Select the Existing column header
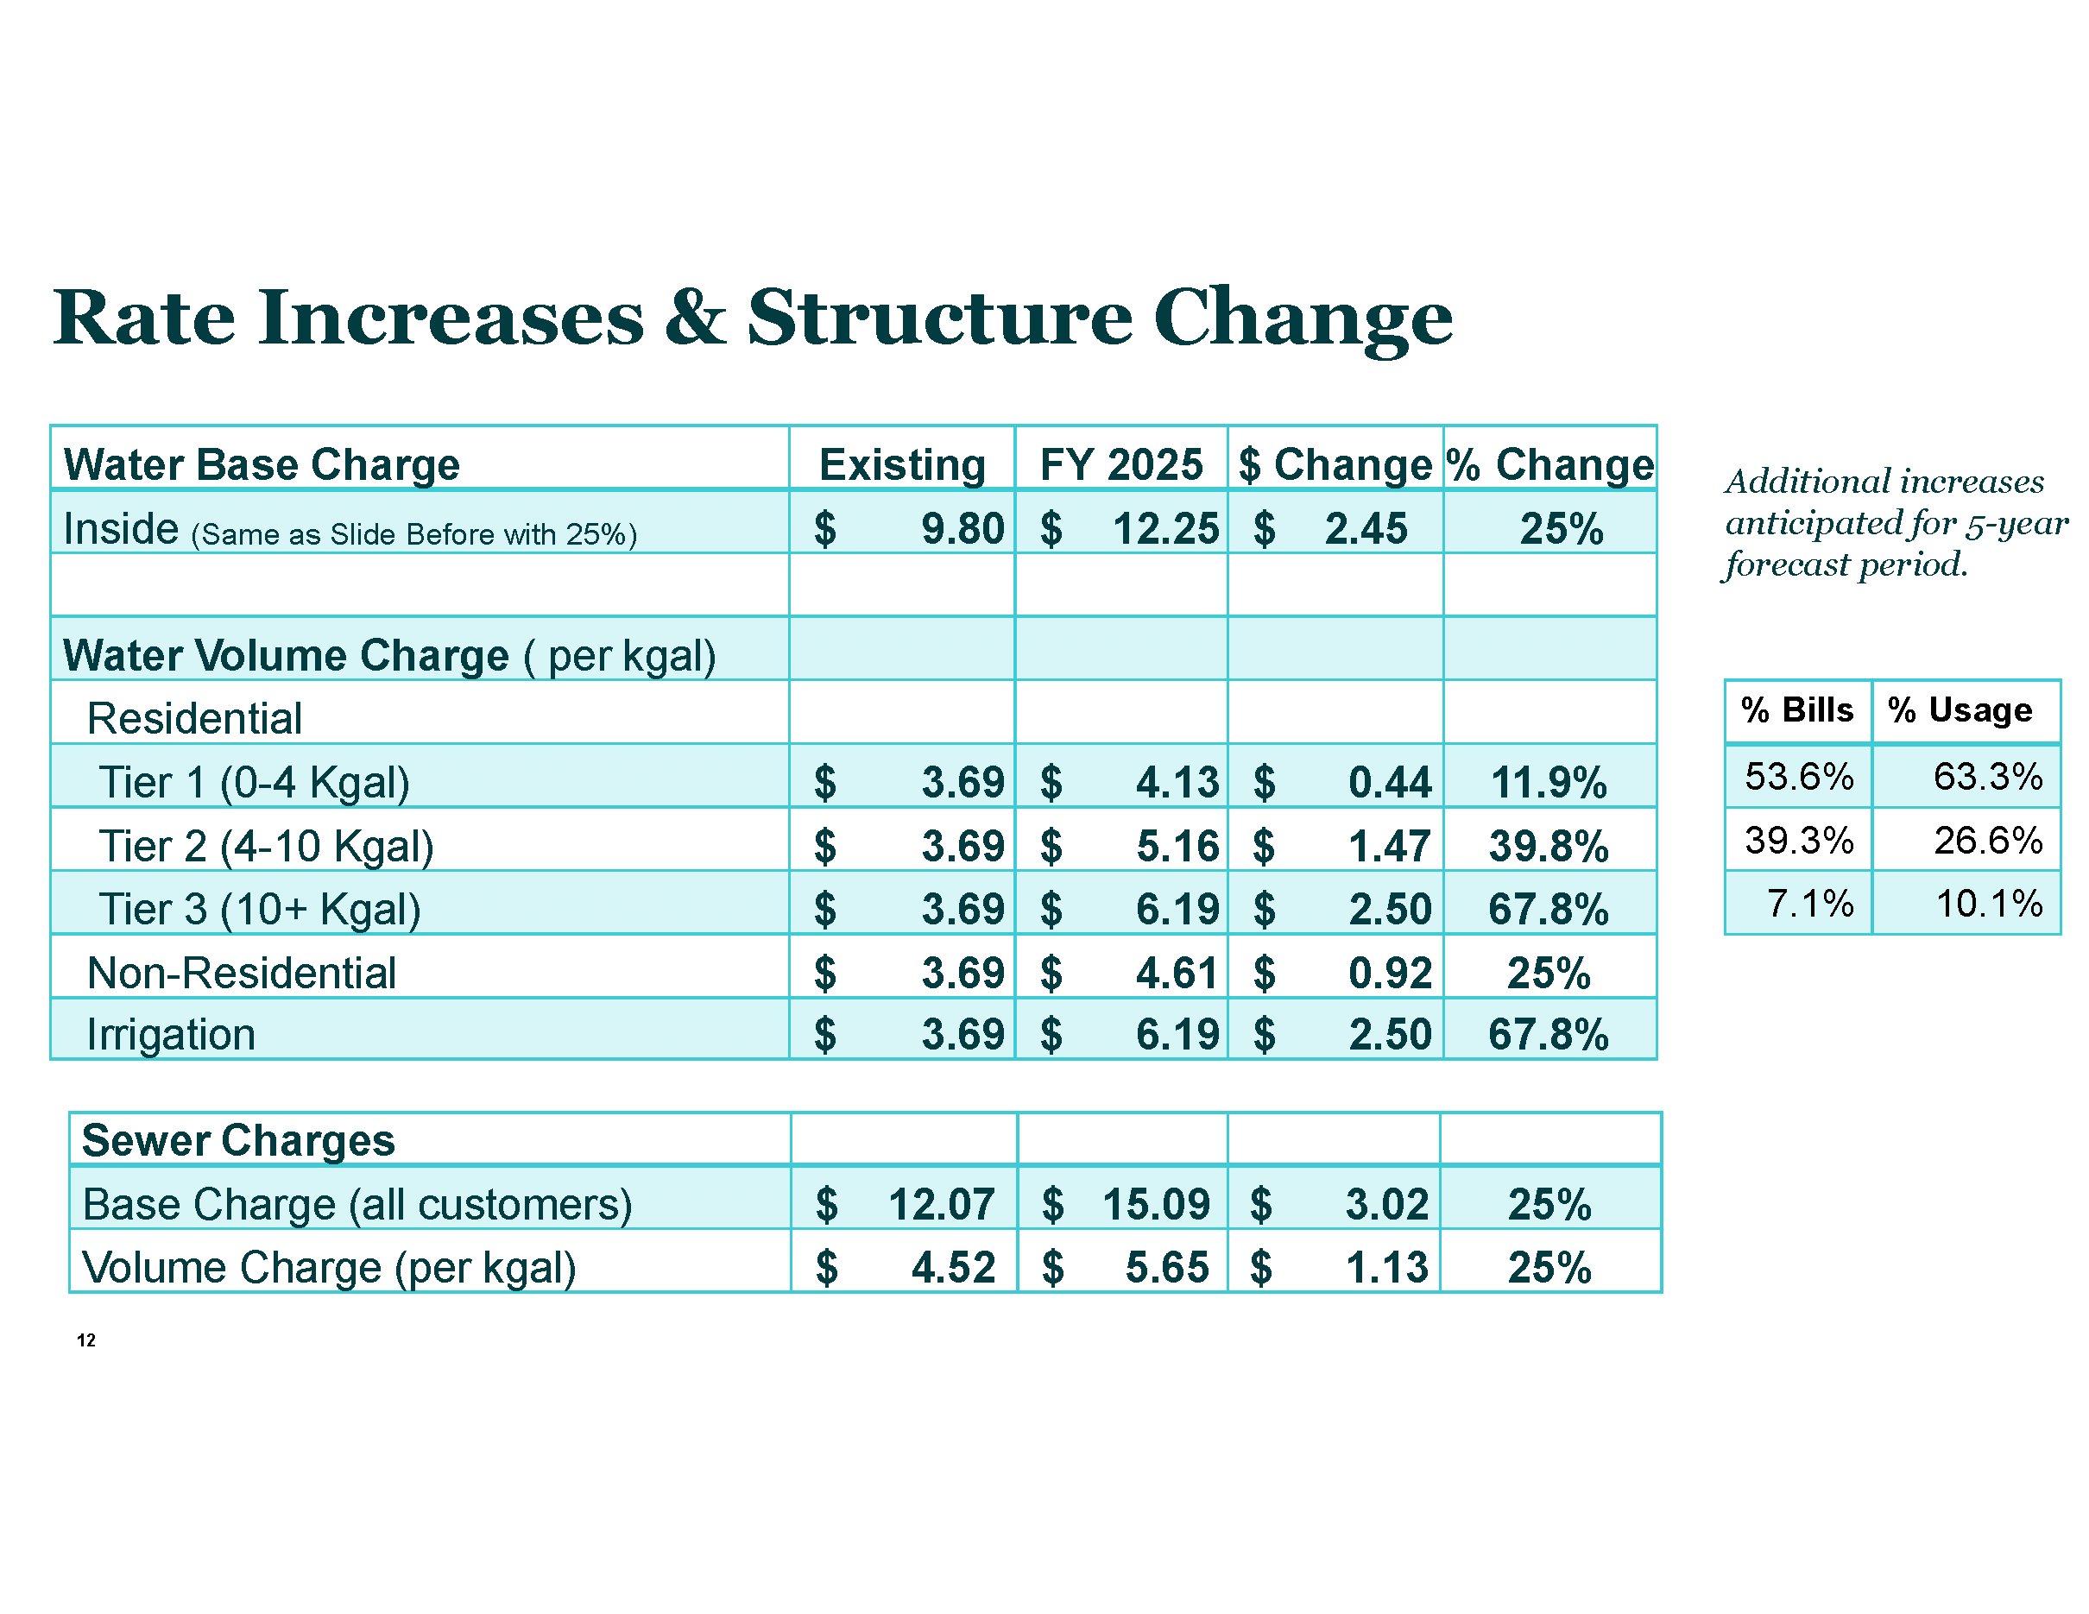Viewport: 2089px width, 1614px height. pyautogui.click(x=902, y=466)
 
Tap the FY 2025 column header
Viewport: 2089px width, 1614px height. pyautogui.click(x=1121, y=466)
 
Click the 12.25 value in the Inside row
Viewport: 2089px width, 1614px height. pyautogui.click(x=1165, y=529)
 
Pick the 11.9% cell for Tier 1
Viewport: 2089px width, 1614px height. pyautogui.click(x=1549, y=783)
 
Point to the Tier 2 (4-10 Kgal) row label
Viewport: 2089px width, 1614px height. pyautogui.click(x=266, y=846)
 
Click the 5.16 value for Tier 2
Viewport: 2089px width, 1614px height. pyautogui.click(x=1177, y=846)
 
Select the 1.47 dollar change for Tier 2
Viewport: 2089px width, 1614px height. pyautogui.click(x=1389, y=846)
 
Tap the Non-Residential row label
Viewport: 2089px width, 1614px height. pyautogui.click(x=241, y=974)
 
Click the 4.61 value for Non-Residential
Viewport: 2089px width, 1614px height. pyautogui.click(x=1177, y=974)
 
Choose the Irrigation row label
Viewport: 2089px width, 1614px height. pyautogui.click(x=171, y=1035)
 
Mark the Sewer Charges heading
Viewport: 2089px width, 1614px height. pyautogui.click(x=238, y=1141)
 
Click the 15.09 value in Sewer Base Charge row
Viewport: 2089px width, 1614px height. pyautogui.click(x=1156, y=1205)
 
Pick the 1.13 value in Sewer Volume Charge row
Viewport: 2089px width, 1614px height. pyautogui.click(x=1386, y=1268)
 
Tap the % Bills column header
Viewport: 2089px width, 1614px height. pyautogui.click(x=1796, y=710)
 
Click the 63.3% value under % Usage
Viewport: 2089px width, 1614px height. pyautogui.click(x=1988, y=777)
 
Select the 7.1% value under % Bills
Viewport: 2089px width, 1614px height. pyautogui.click(x=1809, y=904)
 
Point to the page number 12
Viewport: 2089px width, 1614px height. pyautogui.click(x=86, y=1340)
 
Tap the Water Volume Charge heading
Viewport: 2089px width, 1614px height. pyautogui.click(x=285, y=656)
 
